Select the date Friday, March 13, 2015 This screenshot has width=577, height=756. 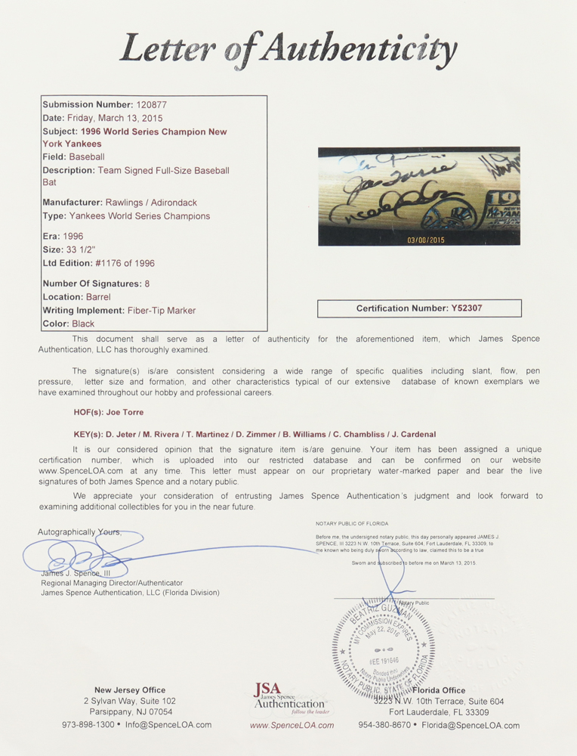(115, 118)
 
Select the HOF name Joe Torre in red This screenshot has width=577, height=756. (124, 413)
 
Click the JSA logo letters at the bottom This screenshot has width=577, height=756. (268, 690)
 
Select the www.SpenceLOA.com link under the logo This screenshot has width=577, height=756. (292, 725)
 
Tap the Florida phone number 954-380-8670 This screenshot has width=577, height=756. (385, 725)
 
